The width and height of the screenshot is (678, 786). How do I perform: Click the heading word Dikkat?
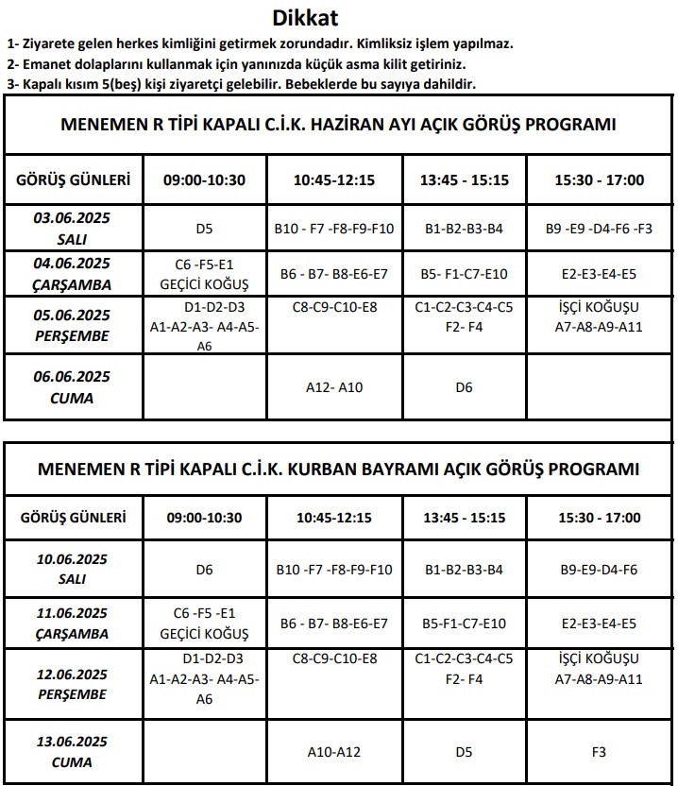point(304,17)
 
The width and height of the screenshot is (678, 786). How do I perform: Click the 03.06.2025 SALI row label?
point(72,228)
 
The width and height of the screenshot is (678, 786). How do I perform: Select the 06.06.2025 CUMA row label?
point(72,387)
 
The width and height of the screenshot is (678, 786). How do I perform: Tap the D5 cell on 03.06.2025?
point(205,229)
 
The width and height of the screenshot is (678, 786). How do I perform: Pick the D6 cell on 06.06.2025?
point(464,387)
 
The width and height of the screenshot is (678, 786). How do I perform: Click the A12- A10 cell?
point(334,387)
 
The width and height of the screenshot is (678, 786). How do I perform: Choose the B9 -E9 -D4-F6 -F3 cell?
point(599,229)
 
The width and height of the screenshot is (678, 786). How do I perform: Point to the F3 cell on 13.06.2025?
point(599,752)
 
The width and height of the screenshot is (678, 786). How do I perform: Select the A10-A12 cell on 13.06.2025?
point(334,752)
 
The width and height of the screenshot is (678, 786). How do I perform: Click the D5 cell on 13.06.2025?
point(464,752)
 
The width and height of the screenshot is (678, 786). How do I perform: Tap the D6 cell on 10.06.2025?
point(205,570)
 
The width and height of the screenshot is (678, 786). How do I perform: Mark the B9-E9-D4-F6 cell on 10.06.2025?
point(599,570)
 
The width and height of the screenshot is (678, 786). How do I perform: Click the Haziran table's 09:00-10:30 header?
point(205,180)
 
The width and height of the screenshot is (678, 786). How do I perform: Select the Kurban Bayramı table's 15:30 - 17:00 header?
point(599,518)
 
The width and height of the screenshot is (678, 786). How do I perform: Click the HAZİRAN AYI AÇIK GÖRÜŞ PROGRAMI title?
point(338,125)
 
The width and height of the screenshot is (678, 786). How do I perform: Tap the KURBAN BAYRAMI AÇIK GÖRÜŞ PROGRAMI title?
point(338,470)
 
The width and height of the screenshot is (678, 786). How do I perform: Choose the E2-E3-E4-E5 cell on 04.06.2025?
point(599,275)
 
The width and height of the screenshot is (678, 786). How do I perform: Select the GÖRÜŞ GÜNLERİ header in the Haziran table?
point(73,180)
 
